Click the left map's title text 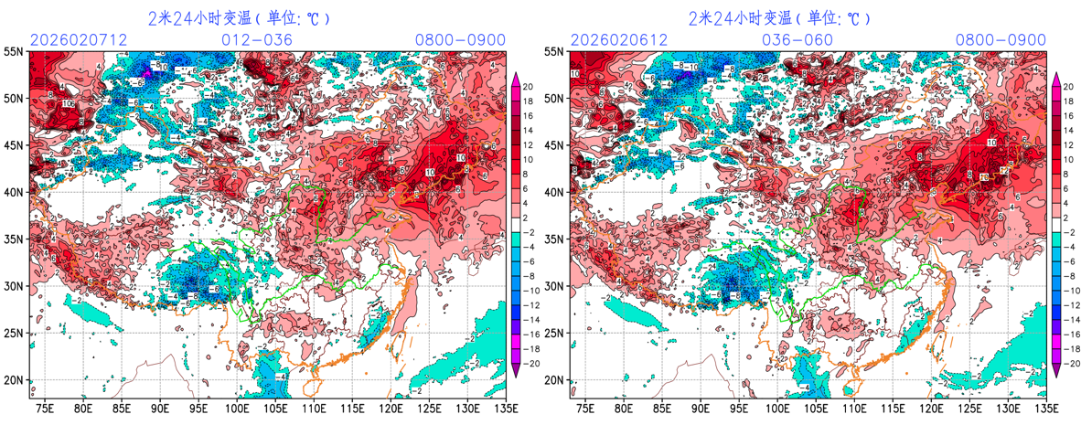tap(239, 18)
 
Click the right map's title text tap(779, 18)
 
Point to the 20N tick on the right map tap(555, 380)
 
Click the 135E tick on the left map tap(504, 408)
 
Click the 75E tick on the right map tap(585, 408)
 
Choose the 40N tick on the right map tap(555, 192)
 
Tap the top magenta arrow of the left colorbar tap(515, 79)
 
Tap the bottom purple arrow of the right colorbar tap(1056, 369)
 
